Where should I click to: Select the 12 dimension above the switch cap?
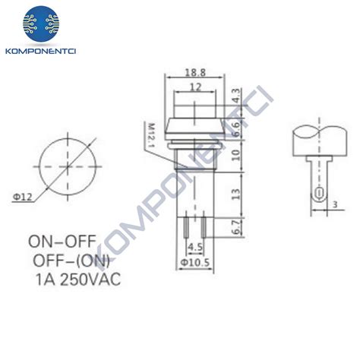pyautogui.click(x=196, y=87)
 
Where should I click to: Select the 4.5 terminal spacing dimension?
pyautogui.click(x=194, y=246)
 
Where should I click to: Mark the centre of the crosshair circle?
pyautogui.click(x=66, y=163)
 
